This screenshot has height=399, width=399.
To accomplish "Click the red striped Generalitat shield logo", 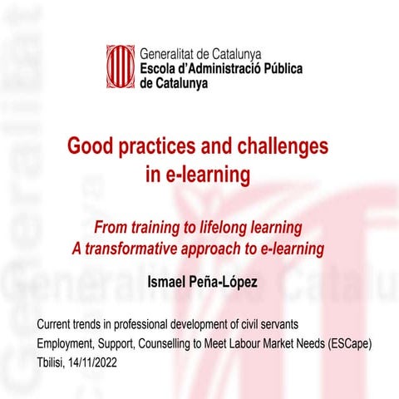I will pyautogui.click(x=121, y=66).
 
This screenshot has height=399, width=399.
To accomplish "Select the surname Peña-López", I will pyautogui.click(x=225, y=283).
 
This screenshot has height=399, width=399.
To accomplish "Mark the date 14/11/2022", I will pyautogui.click(x=105, y=364).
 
